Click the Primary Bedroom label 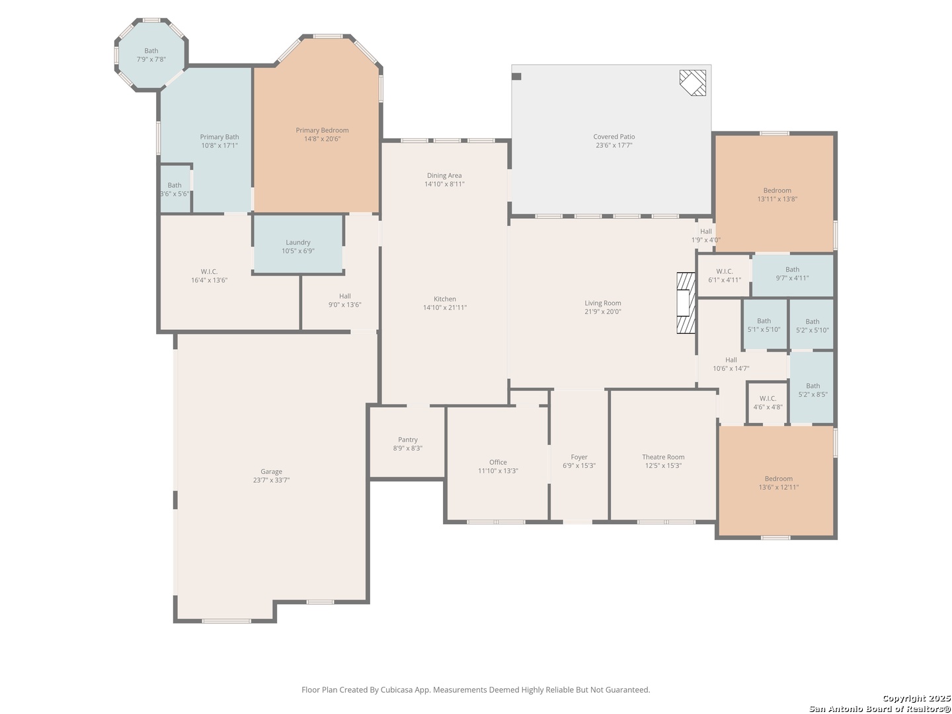tap(322, 130)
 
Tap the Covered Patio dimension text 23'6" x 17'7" tap(614, 145)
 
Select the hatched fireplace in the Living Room tap(686, 303)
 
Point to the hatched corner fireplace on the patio tap(693, 83)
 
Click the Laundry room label tap(298, 243)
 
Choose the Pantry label tap(408, 440)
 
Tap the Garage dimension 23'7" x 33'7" tap(271, 480)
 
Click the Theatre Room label tap(663, 457)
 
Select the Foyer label tap(579, 457)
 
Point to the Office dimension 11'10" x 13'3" tap(498, 471)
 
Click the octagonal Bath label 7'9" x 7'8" tap(151, 55)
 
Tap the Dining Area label tap(444, 176)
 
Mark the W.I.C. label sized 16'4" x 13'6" tap(209, 276)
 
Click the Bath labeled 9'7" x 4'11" tap(792, 274)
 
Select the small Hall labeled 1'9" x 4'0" tap(705, 236)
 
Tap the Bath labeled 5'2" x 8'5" tap(813, 390)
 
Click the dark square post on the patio tap(516, 77)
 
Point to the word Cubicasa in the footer tap(397, 690)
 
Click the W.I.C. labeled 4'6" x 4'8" tap(768, 403)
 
